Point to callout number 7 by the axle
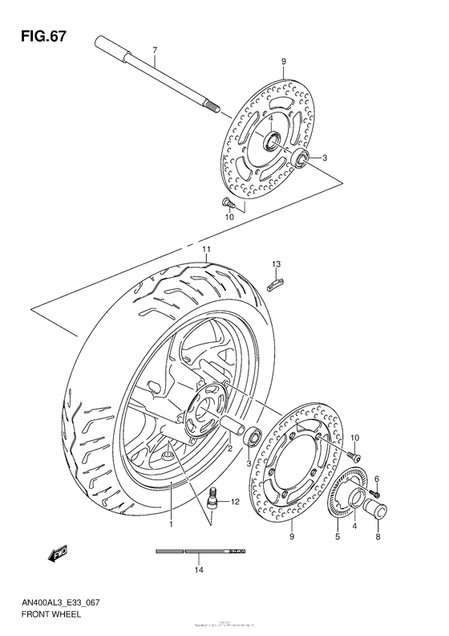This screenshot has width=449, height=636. coord(153,51)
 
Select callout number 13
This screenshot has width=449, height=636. coord(275,263)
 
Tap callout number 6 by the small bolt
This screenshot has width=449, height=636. coord(376,479)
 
